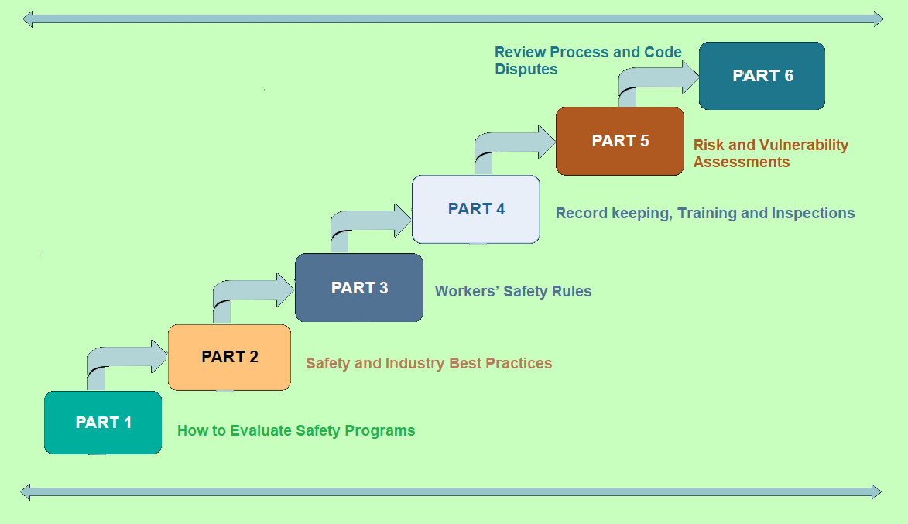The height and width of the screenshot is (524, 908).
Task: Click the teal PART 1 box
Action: pyautogui.click(x=103, y=423)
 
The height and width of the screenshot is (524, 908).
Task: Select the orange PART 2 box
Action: pyautogui.click(x=229, y=357)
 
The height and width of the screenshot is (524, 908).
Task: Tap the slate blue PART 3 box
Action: pyautogui.click(x=359, y=288)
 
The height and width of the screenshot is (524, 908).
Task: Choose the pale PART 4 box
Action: pyautogui.click(x=476, y=209)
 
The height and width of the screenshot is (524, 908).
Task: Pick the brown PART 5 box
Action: pyautogui.click(x=620, y=141)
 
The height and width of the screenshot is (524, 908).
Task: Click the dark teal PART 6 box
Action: pyautogui.click(x=762, y=76)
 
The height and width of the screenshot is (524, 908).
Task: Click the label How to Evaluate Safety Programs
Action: pyautogui.click(x=296, y=431)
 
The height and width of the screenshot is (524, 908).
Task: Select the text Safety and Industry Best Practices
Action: pyautogui.click(x=429, y=363)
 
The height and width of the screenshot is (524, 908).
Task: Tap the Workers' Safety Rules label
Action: pyautogui.click(x=513, y=292)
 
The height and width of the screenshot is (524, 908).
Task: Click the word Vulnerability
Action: pyautogui.click(x=804, y=146)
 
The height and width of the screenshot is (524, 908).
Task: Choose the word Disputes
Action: pyautogui.click(x=526, y=70)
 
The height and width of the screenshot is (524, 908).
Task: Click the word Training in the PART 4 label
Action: pyautogui.click(x=705, y=214)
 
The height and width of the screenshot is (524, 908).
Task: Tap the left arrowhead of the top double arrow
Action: pyautogui.click(x=29, y=19)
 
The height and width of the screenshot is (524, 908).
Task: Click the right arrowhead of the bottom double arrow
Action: pyautogui.click(x=875, y=491)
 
